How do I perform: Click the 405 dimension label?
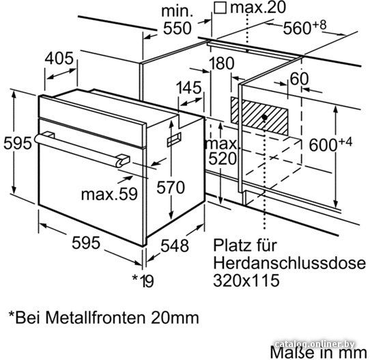click(x=59, y=59)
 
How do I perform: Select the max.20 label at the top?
click(x=258, y=7)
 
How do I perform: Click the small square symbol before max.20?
click(x=220, y=8)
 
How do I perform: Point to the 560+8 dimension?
click(x=304, y=27)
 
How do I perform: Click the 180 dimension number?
click(x=222, y=64)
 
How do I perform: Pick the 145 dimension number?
click(x=189, y=88)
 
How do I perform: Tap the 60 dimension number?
click(x=299, y=79)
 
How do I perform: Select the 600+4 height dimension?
click(x=330, y=144)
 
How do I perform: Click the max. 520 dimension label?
click(x=222, y=151)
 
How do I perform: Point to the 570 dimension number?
click(x=171, y=188)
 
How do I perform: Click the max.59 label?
click(x=109, y=194)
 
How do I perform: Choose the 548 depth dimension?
click(x=175, y=246)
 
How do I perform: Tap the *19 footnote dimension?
click(x=143, y=281)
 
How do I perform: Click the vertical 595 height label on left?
click(x=18, y=143)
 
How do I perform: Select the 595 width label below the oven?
click(x=86, y=243)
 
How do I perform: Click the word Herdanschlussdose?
click(x=289, y=263)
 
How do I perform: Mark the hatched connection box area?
click(x=259, y=116)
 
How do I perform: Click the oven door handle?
click(x=82, y=150)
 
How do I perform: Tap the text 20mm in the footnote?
click(x=175, y=318)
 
